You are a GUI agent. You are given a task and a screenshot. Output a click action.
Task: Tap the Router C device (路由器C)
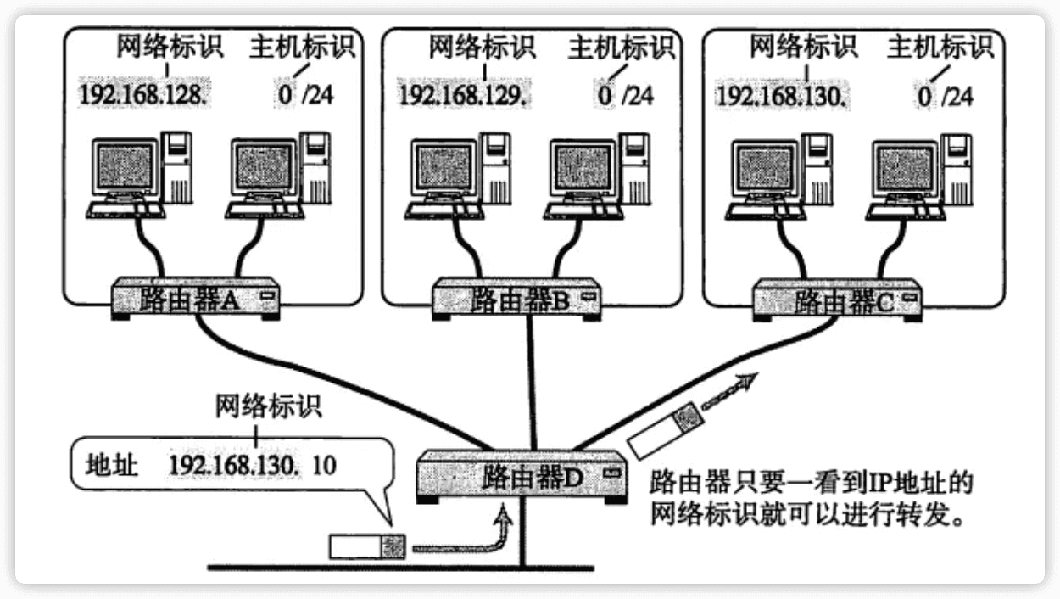tap(838, 299)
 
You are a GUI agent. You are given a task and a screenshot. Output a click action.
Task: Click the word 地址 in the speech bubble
tap(108, 465)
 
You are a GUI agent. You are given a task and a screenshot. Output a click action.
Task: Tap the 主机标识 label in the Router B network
tap(620, 48)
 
